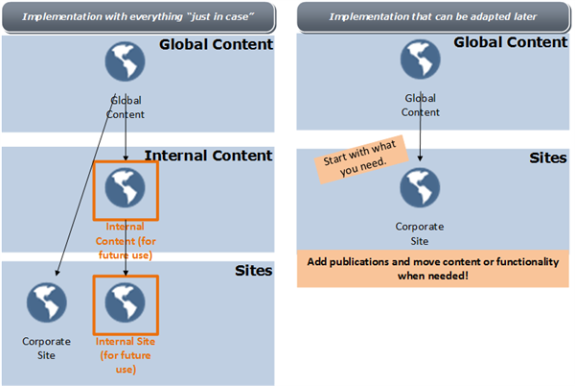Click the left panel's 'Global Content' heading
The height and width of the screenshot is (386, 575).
point(216,44)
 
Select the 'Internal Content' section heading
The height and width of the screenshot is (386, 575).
point(208,156)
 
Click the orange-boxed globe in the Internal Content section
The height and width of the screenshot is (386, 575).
point(125,187)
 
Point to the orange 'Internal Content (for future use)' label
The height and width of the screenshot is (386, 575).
point(125,240)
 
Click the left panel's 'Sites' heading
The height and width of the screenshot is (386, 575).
point(253,271)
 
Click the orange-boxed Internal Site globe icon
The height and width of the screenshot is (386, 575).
point(125,302)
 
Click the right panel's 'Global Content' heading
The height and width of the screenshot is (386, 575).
point(510,42)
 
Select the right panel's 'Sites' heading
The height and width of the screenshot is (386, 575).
point(547,157)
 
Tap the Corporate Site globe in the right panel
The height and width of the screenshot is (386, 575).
point(420,188)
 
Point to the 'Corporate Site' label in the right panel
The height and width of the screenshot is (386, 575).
point(420,234)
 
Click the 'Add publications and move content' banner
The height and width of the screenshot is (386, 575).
point(434,269)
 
